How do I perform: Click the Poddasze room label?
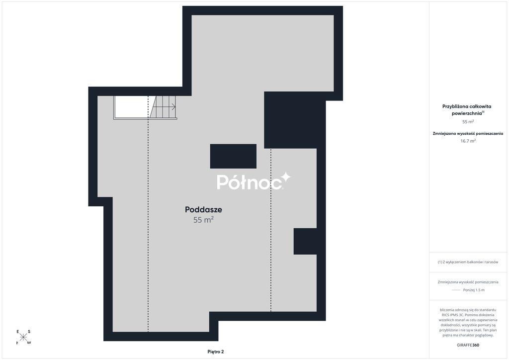(203, 210)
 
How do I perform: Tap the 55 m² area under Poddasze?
(203, 220)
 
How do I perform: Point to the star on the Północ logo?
(286, 177)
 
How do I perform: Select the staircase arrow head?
(174, 106)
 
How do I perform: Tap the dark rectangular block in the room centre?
(233, 156)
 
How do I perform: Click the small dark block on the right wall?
(305, 241)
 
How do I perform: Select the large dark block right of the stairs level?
(295, 120)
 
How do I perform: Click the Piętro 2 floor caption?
(216, 352)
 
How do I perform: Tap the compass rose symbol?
(23, 337)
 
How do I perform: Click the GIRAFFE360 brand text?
(468, 345)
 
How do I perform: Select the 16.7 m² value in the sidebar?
(468, 141)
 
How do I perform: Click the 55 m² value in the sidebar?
(468, 122)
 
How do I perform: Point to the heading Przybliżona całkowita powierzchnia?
(467, 110)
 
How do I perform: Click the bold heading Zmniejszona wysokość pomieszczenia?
(468, 133)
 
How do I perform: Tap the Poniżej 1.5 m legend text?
(474, 290)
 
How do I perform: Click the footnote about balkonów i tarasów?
(468, 262)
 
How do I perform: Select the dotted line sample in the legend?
(456, 290)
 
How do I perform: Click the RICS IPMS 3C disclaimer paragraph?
(468, 322)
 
